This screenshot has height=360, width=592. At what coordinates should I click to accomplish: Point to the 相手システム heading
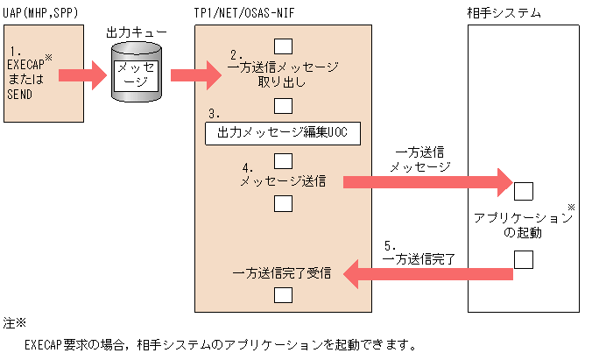(504, 14)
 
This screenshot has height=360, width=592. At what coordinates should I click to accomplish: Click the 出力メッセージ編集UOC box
(283, 133)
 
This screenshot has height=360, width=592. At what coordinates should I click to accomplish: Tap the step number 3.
(214, 115)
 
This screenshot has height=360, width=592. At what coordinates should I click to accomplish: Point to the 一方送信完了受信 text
(281, 272)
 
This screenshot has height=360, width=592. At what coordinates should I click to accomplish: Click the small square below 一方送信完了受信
(283, 294)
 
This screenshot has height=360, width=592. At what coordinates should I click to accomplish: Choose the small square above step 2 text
(283, 46)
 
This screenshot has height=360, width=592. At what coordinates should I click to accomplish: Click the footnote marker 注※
(15, 324)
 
